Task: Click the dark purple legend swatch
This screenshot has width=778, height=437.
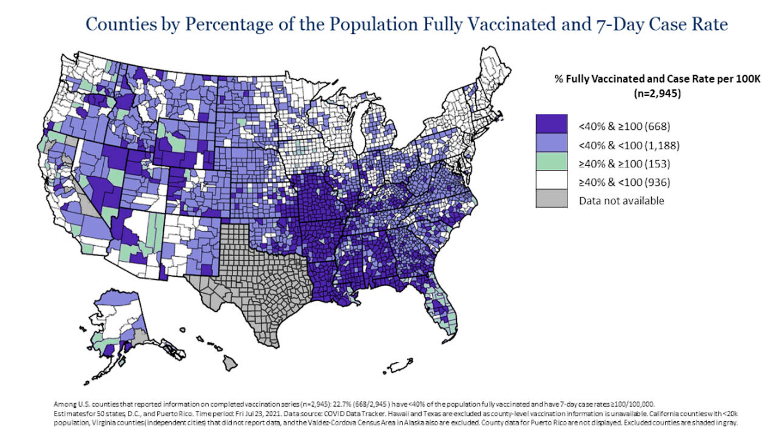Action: [551, 126]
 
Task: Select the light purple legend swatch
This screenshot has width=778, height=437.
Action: [551, 145]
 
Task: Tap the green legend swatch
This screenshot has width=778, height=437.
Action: [551, 163]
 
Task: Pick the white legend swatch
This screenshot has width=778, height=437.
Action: [551, 181]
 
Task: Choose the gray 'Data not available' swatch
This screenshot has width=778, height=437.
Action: [551, 200]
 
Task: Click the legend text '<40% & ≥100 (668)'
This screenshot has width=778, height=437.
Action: [618, 127]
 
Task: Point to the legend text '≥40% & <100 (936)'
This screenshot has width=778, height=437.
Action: [618, 182]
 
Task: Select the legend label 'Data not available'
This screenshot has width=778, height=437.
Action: [621, 200]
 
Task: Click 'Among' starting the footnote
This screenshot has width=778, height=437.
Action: [64, 403]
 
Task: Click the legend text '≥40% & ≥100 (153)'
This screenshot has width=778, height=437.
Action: [618, 164]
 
